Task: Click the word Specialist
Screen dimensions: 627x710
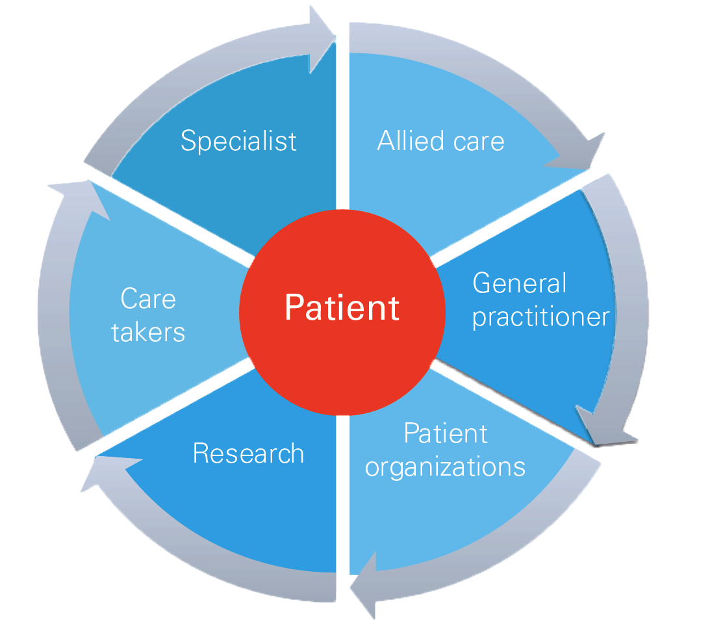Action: point(238,141)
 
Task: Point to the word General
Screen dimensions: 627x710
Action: point(519,284)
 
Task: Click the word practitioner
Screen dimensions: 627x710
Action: point(540,318)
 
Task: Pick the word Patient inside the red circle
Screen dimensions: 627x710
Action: point(342,308)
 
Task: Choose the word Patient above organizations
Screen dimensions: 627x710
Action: point(446,433)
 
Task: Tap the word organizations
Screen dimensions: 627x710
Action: point(445,467)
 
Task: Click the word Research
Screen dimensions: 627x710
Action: point(248,454)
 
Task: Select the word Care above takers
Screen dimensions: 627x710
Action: point(148,300)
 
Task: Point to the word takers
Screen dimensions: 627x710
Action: point(148,333)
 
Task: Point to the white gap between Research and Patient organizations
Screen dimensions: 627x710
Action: point(342,494)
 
